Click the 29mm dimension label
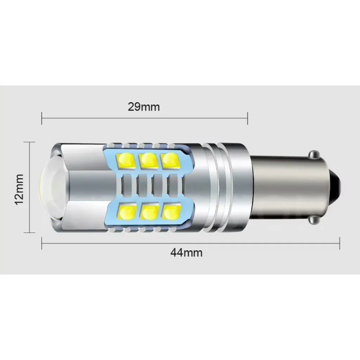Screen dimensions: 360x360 pos(143,107)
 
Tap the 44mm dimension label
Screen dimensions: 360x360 pos(186,252)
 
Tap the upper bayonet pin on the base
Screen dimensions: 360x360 pos(314,154)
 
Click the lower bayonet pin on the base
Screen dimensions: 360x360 pos(314,219)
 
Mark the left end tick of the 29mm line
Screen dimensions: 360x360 pos(42,118)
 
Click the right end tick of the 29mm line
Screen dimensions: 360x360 pos(248,118)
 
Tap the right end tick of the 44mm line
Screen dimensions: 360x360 pos(340,243)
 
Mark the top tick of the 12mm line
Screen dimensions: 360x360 pos(29,142)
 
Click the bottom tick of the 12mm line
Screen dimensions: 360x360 pos(29,232)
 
